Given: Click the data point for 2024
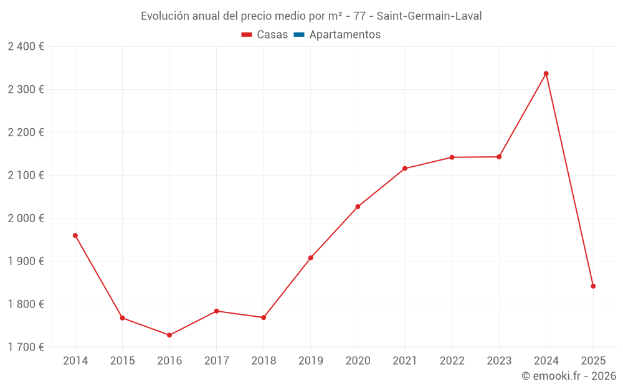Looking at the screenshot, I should click(x=546, y=73).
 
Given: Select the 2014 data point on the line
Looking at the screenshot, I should click(x=75, y=235).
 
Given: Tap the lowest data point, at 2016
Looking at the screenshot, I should click(x=169, y=335).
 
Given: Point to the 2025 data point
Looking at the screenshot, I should click(x=593, y=286).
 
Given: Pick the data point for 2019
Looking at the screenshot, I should click(x=311, y=258).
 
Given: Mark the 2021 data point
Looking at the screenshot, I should click(x=405, y=169).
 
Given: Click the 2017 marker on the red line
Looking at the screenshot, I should click(x=216, y=311).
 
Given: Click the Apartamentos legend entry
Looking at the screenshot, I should click(x=345, y=35).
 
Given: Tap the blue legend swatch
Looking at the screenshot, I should click(x=298, y=35).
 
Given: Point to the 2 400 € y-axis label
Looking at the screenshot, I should click(x=26, y=47).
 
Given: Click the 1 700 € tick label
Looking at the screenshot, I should click(x=26, y=347).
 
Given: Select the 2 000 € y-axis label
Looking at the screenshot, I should click(x=26, y=218).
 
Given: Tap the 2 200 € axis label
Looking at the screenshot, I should click(x=26, y=133).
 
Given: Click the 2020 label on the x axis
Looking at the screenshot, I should click(x=358, y=361).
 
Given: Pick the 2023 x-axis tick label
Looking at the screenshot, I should click(x=499, y=361).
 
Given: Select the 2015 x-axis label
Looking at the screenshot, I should click(x=122, y=361).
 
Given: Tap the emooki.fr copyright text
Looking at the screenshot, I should click(x=568, y=376).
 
